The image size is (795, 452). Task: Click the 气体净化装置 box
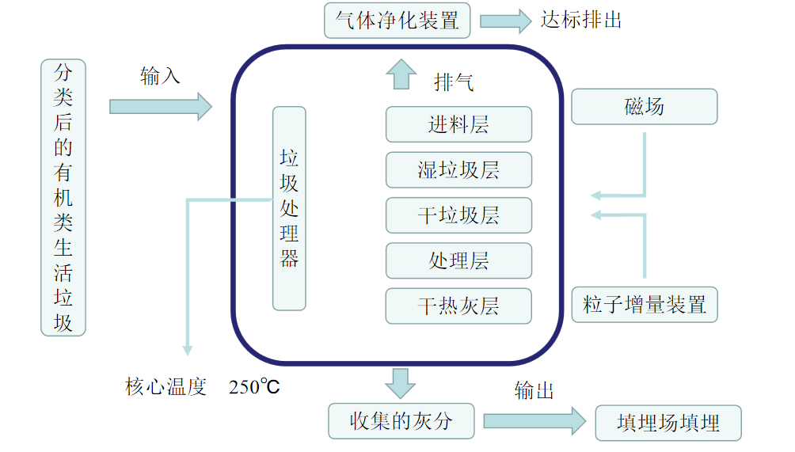pyautogui.click(x=397, y=21)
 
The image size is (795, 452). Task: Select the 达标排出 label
pyautogui.click(x=580, y=20)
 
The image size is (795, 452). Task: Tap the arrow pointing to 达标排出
pyautogui.click(x=505, y=21)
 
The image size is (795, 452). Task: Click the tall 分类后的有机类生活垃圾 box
pyautogui.click(x=63, y=198)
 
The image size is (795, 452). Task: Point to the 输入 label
pyautogui.click(x=161, y=76)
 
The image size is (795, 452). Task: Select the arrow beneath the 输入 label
pyautogui.click(x=161, y=106)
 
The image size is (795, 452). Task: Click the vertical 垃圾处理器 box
pyautogui.click(x=289, y=208)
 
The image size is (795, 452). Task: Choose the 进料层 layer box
pyautogui.click(x=458, y=125)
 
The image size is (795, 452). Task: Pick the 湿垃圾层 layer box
pyautogui.click(x=458, y=170)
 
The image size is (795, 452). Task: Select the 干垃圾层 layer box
pyautogui.click(x=458, y=215)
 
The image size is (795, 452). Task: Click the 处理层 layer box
pyautogui.click(x=458, y=260)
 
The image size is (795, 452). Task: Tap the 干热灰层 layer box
pyautogui.click(x=458, y=306)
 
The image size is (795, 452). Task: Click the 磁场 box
pyautogui.click(x=644, y=107)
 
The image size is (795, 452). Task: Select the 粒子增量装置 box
pyautogui.click(x=644, y=305)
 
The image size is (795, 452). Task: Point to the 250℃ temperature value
pyautogui.click(x=254, y=387)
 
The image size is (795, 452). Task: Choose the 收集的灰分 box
pyautogui.click(x=401, y=421)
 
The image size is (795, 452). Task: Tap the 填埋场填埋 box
pyautogui.click(x=668, y=423)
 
